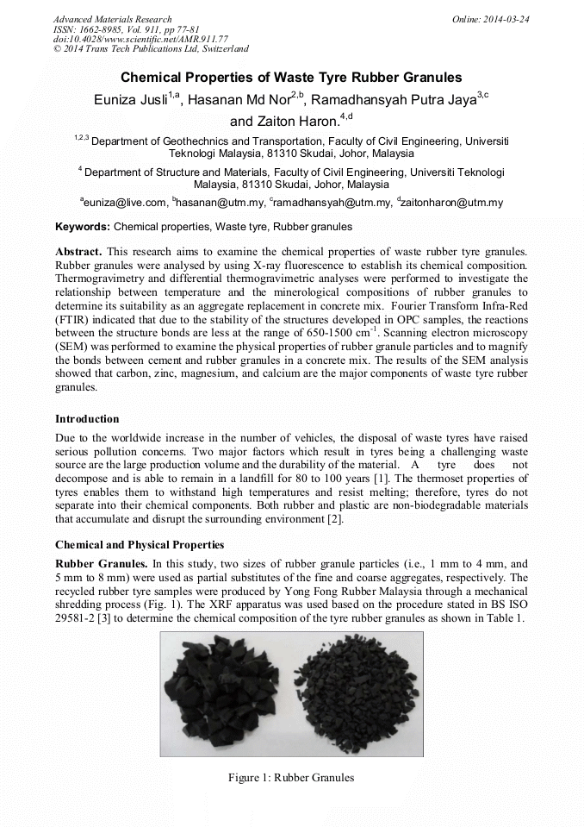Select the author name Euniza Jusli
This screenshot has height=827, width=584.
point(130,100)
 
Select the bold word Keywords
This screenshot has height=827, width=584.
point(82,227)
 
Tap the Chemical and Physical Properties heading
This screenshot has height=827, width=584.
point(140,545)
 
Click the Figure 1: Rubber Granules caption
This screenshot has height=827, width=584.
point(291,778)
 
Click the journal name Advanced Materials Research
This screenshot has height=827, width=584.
point(113,19)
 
